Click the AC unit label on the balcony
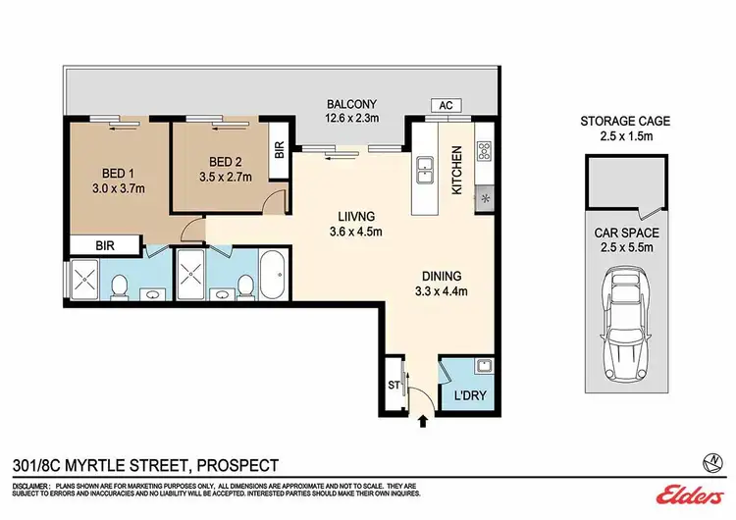[x=444, y=106]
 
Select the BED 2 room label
[x=225, y=162]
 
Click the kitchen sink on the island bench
[x=425, y=170]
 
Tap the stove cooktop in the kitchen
[x=484, y=152]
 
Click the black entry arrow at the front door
[x=423, y=421]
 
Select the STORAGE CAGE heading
[x=624, y=121]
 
